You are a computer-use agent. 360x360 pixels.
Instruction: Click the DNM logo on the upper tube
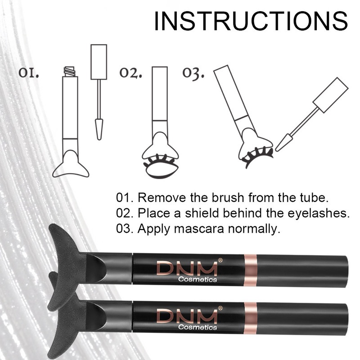[187, 269]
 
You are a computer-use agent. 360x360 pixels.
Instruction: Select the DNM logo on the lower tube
[187, 317]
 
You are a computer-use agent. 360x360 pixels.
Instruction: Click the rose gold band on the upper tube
[251, 270]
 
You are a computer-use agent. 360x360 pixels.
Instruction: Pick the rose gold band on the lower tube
[251, 318]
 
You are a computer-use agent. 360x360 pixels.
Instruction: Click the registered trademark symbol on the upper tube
[220, 260]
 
